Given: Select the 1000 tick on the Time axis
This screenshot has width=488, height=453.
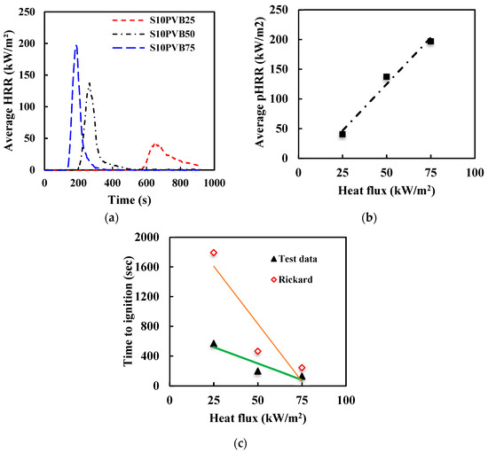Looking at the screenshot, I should click(213, 182).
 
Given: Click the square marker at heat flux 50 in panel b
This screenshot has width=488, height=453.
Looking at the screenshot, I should click(386, 77).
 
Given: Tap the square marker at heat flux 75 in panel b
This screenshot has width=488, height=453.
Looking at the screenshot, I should click(430, 42).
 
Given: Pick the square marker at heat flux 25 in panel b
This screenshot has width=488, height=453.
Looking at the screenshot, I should click(342, 134).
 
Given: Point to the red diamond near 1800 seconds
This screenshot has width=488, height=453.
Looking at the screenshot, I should click(214, 253).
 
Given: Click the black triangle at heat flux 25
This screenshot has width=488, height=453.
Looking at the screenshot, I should click(214, 343).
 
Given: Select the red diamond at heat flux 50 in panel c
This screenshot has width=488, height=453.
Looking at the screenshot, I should click(257, 351).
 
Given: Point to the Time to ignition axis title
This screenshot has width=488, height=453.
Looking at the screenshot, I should click(128, 310).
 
